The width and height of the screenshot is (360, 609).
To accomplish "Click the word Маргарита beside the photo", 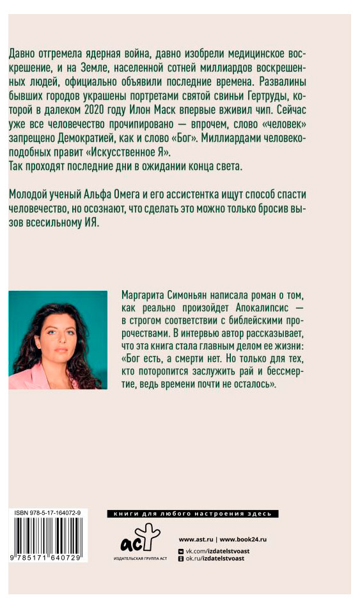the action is click(145, 291).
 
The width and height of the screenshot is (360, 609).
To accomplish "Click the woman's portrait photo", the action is click(58, 339).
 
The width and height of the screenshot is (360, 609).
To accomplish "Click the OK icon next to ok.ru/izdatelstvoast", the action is click(182, 559).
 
